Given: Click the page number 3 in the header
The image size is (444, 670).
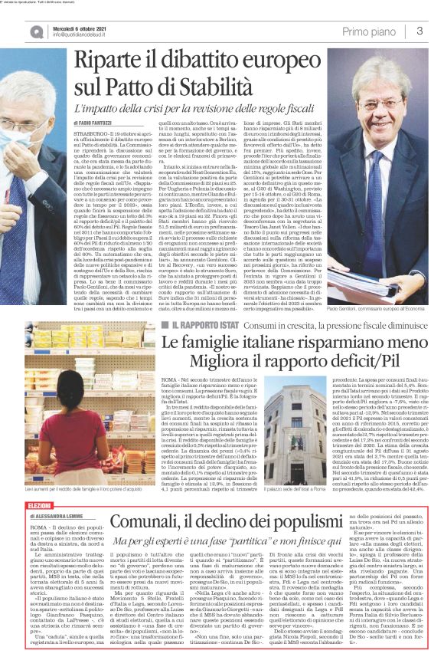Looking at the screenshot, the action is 420,31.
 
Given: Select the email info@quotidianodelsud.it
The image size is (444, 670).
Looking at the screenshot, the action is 80,34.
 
